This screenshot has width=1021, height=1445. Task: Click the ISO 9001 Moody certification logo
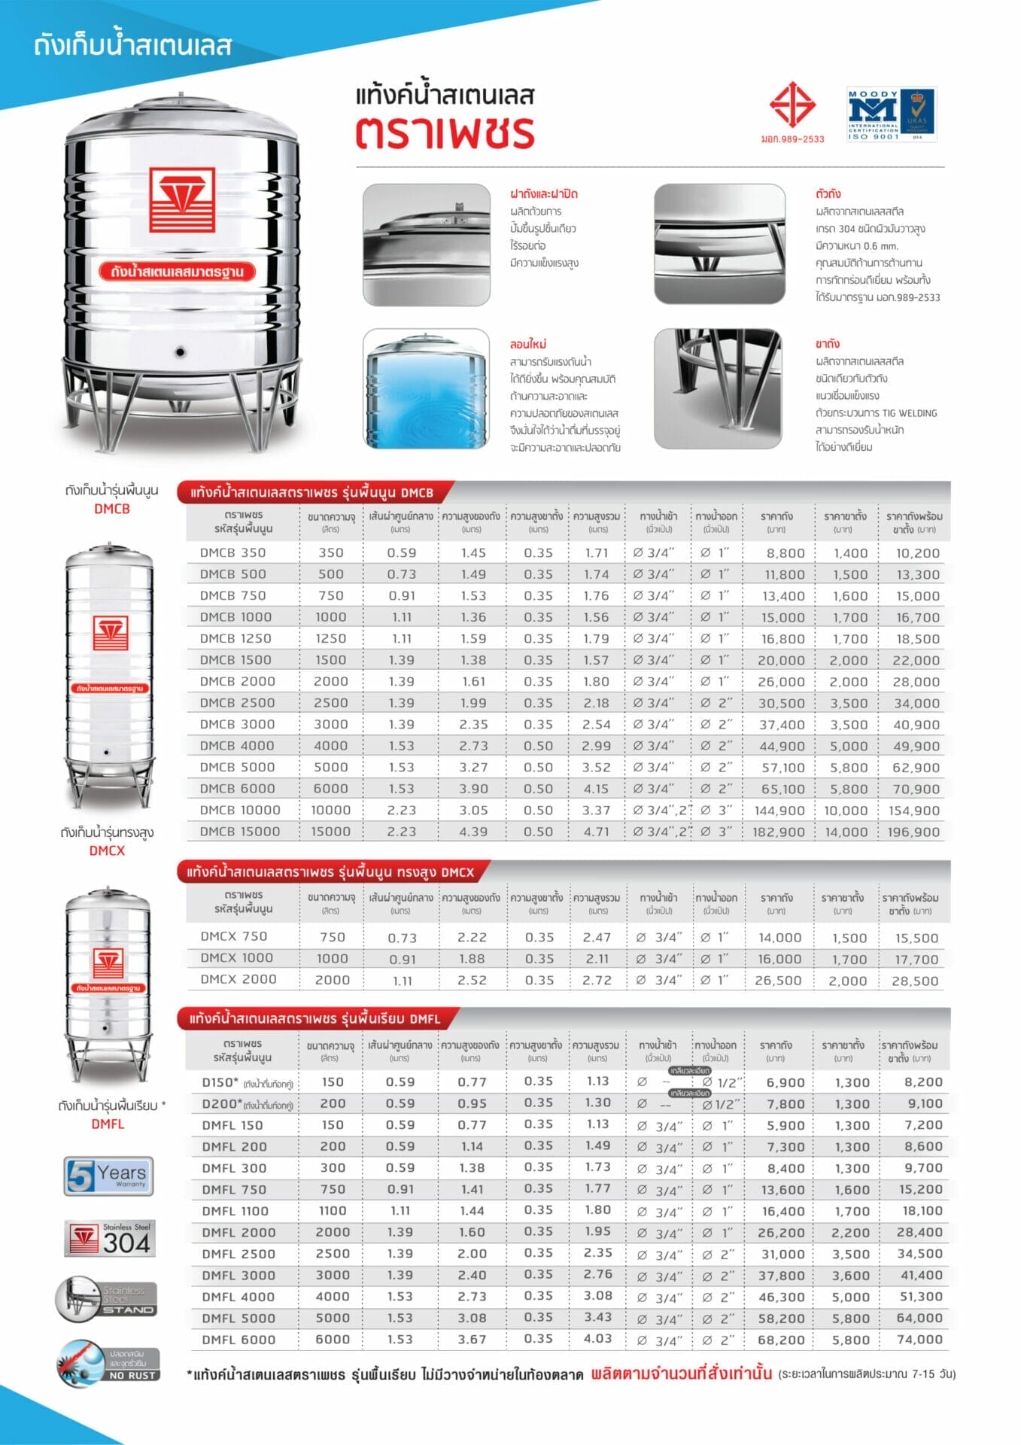coord(891,115)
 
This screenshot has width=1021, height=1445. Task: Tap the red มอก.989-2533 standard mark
coord(792,112)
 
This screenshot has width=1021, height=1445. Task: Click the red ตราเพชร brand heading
coord(445,132)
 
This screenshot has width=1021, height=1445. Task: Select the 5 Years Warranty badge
coord(109,1176)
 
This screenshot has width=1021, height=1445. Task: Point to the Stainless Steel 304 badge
coord(108,1239)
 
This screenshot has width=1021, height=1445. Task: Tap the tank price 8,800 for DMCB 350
coord(786,553)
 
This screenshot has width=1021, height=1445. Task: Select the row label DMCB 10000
coord(240,811)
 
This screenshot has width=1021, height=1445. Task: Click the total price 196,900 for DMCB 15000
coord(913,832)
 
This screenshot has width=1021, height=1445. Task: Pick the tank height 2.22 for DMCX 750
coord(472,938)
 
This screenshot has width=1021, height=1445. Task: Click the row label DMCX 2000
coord(238,980)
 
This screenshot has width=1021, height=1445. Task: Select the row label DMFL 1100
coord(235,1212)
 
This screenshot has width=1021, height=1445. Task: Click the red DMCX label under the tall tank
coord(107,851)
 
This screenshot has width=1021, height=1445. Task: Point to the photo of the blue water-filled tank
coord(426,389)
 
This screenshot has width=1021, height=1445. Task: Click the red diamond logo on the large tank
coord(182,199)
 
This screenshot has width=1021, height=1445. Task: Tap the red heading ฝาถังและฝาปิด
coord(543,194)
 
